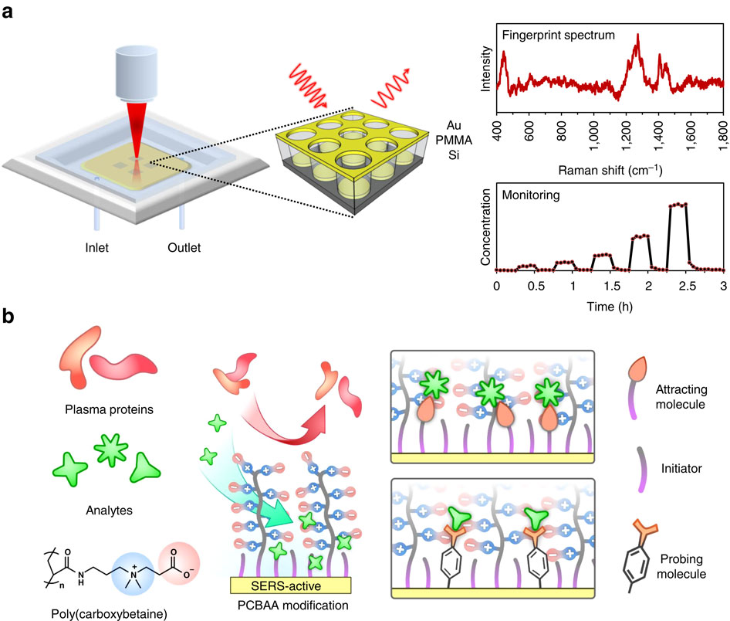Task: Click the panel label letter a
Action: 10,13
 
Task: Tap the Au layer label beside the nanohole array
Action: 455,124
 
